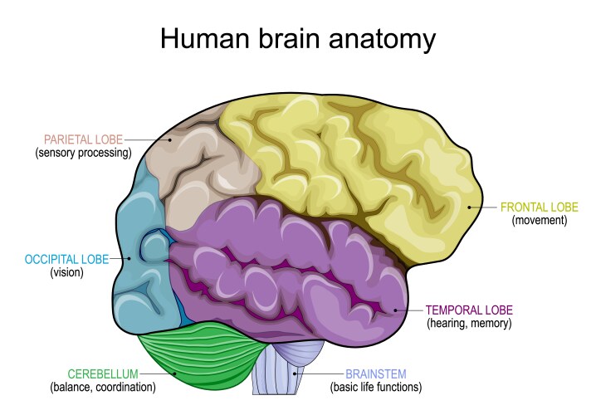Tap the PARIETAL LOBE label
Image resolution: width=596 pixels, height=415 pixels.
click(x=83, y=139)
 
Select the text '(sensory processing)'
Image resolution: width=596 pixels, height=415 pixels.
click(x=83, y=153)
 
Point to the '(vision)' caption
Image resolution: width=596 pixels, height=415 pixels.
click(x=66, y=272)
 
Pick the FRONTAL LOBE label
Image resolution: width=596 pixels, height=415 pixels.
click(x=539, y=207)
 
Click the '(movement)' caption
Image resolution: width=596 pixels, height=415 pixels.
click(x=539, y=220)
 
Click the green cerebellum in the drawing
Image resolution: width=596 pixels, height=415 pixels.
click(x=199, y=357)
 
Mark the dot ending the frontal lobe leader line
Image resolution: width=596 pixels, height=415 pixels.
click(x=469, y=207)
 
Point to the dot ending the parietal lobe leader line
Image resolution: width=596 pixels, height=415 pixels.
click(x=170, y=140)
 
